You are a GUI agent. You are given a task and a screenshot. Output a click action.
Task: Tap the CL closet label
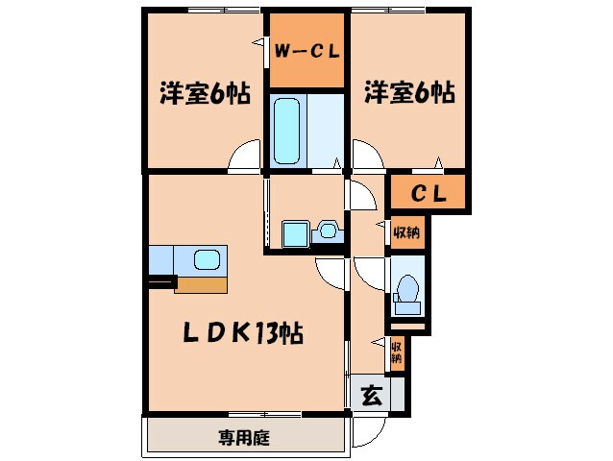(x=428, y=193)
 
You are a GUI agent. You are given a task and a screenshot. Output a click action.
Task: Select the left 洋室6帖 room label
(x=205, y=94)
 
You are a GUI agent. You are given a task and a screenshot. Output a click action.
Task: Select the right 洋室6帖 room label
(x=408, y=94)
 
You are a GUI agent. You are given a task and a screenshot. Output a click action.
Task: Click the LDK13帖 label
(x=244, y=333)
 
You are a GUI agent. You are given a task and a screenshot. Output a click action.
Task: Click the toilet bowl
(x=407, y=289)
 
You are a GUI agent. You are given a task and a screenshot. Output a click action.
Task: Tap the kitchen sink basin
(x=208, y=258)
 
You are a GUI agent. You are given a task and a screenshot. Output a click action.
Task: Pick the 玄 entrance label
(x=370, y=394)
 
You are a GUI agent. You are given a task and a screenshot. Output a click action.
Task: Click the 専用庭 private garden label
(x=243, y=438)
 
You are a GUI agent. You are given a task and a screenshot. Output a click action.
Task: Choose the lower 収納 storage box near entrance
(x=396, y=352)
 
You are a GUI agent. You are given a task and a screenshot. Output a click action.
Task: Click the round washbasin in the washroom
(x=328, y=230)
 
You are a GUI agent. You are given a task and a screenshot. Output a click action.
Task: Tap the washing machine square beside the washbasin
(x=293, y=233)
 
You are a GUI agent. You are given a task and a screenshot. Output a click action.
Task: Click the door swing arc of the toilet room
(x=367, y=270)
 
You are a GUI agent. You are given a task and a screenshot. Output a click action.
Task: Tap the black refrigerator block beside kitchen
(x=161, y=282)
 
